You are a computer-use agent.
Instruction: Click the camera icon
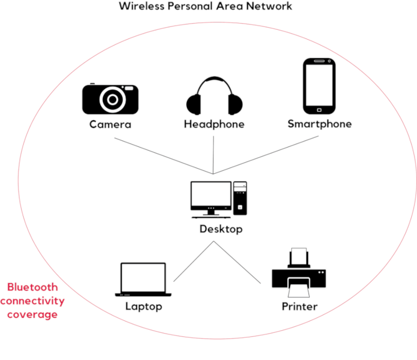[110, 99]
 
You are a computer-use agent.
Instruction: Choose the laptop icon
[143, 280]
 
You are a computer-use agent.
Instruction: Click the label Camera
[110, 124]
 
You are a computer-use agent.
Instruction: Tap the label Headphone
[214, 124]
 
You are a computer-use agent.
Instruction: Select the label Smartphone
[319, 124]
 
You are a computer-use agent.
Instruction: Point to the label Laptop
[143, 307]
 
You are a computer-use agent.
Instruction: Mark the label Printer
[299, 307]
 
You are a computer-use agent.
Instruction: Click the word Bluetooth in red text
[32, 287]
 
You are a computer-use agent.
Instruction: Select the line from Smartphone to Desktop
[267, 155]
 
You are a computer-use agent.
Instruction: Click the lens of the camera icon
[111, 99]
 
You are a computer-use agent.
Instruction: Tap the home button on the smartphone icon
[319, 109]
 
